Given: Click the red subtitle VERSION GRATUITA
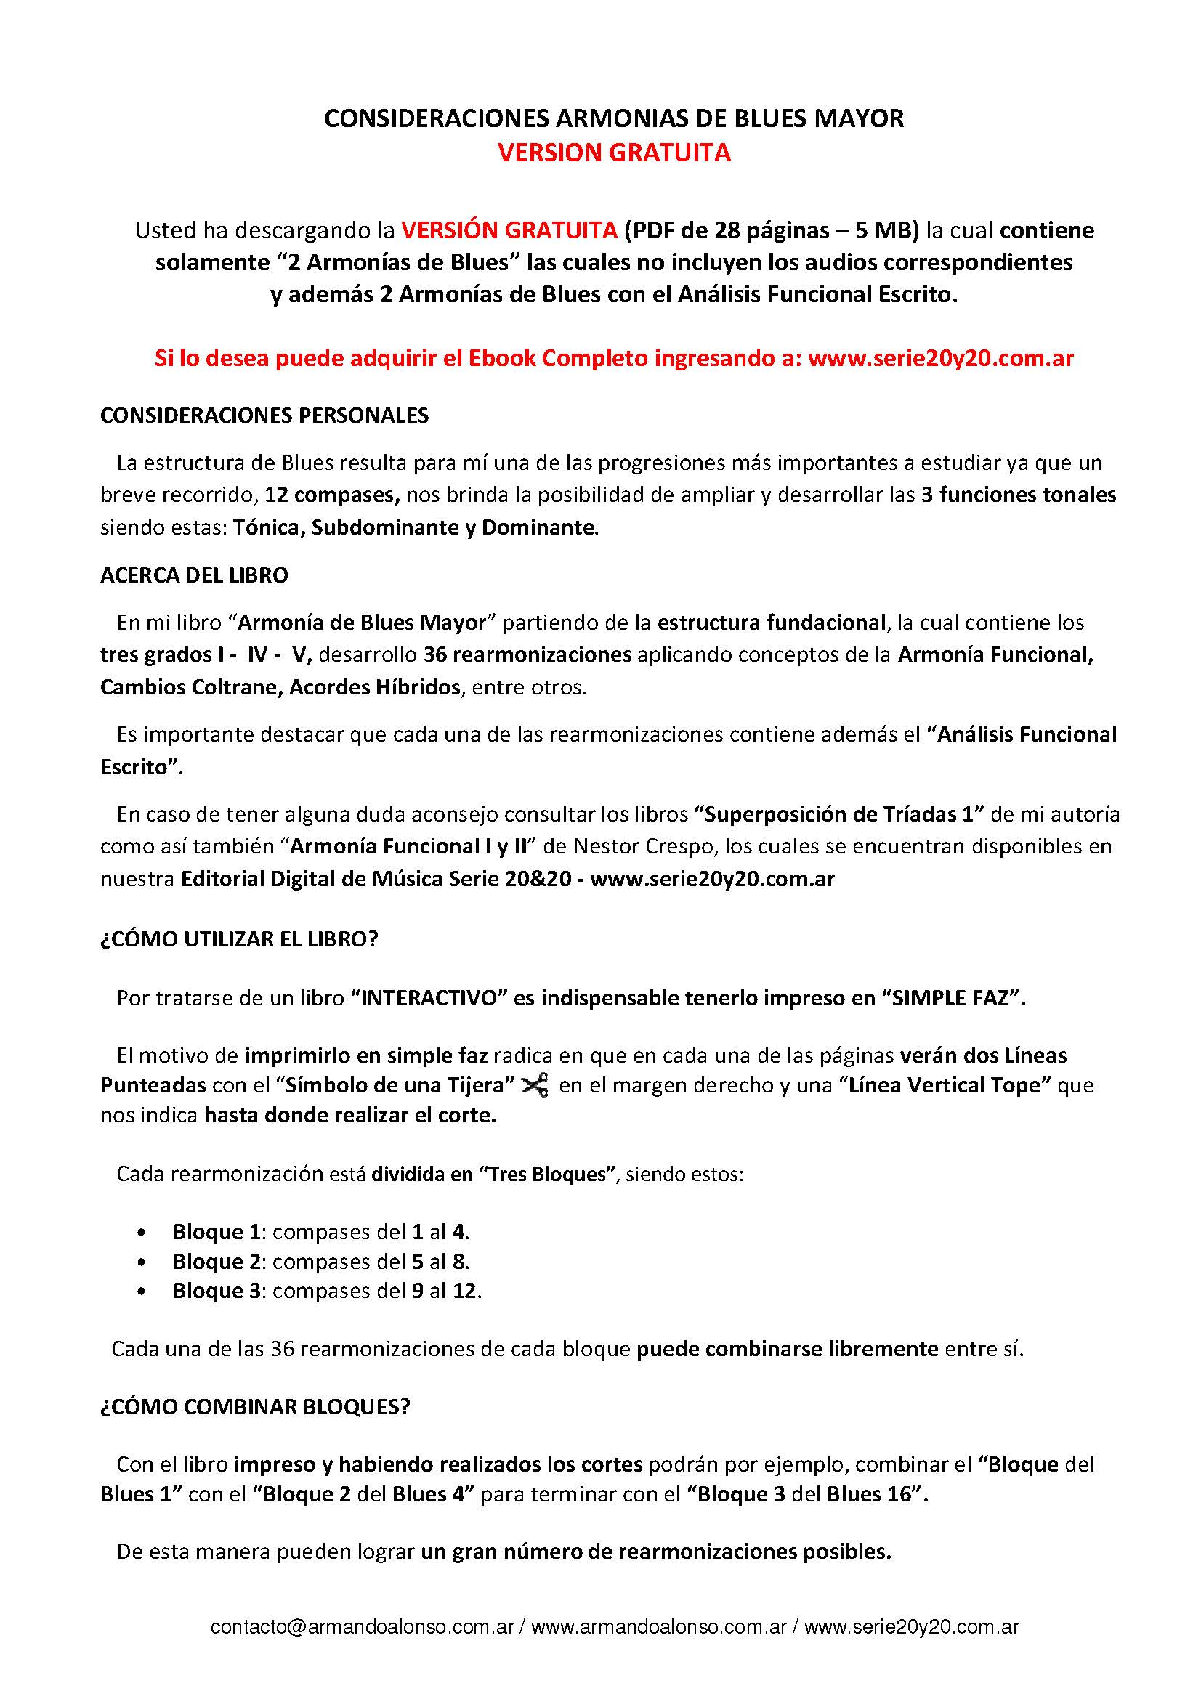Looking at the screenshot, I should point(613,153).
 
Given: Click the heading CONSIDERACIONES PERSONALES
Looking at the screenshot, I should point(264,416).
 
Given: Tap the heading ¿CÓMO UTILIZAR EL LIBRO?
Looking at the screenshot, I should point(239,939).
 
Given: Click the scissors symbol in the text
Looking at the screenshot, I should point(535,1085).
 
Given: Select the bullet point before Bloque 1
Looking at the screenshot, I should point(141,1233).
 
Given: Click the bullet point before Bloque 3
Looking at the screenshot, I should point(141,1292).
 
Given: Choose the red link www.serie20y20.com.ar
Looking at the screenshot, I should point(940,359).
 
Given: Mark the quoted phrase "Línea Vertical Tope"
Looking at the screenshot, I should point(968,1085).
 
